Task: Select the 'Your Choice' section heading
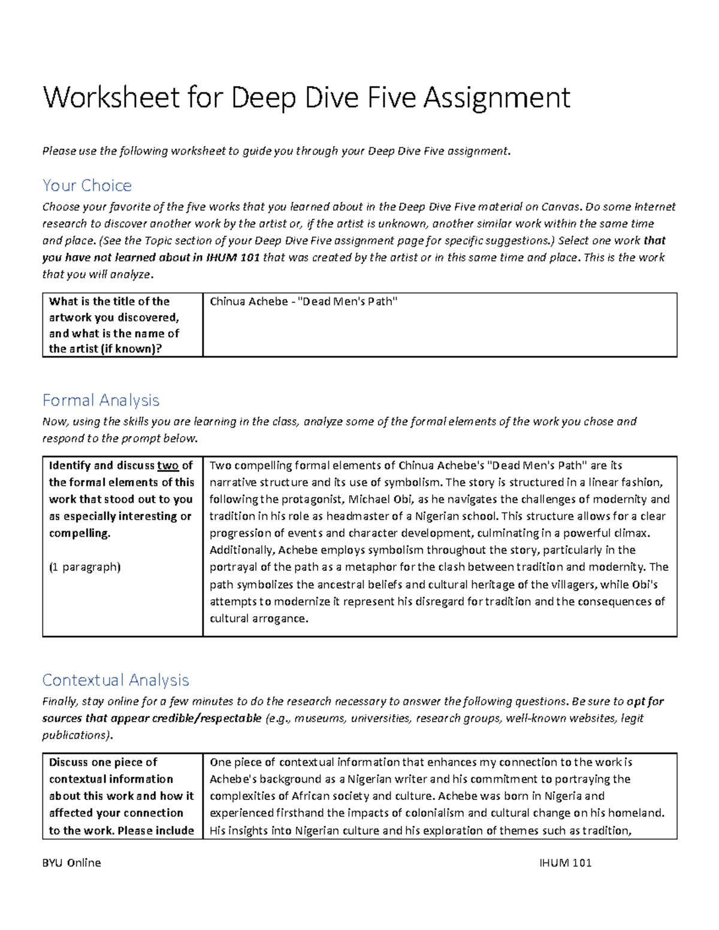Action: (87, 186)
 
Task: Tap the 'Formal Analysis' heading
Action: (101, 400)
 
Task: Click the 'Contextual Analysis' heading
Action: (116, 680)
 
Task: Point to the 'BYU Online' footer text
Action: (71, 863)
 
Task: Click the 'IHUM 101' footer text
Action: (565, 863)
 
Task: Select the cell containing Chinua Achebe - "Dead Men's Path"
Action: (304, 302)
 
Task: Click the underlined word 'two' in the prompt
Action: (168, 466)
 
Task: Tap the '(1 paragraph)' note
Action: (84, 567)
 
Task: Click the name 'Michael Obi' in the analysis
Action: (380, 499)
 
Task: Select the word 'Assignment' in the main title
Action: (497, 98)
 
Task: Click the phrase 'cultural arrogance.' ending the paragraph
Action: (259, 619)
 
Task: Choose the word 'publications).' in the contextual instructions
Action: (77, 735)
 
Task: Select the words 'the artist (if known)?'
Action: (105, 349)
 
